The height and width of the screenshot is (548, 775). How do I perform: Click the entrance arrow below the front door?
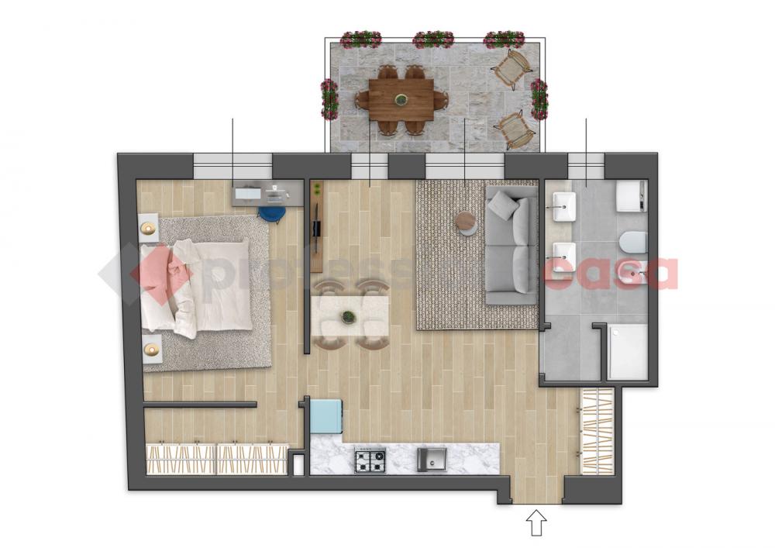pos(536,523)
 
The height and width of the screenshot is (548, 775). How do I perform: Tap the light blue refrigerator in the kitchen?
pos(325,416)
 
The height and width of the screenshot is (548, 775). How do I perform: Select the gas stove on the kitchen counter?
pos(370,460)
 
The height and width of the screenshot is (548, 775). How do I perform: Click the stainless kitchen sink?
pos(432,460)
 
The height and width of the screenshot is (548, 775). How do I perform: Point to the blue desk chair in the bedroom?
pos(271,213)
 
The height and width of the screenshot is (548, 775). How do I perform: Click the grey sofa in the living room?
pos(511,245)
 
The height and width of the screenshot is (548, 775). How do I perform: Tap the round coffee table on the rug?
pos(466,222)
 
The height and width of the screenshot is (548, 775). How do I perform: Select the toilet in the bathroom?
pos(633,242)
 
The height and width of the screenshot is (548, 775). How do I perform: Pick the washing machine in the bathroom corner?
pos(631,196)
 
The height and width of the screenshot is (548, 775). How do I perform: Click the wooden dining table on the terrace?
pos(401,99)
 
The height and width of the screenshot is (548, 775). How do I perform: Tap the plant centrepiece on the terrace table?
pos(401,99)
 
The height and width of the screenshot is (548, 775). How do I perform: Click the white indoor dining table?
pos(350,315)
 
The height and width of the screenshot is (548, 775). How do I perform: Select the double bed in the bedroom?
pos(196,285)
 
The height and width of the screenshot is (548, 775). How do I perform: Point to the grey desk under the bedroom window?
pos(267,193)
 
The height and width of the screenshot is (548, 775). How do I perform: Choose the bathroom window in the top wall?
pos(586,166)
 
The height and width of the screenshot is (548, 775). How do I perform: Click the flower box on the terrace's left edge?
pos(329,99)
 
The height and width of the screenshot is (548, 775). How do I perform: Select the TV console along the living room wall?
pos(317,226)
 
